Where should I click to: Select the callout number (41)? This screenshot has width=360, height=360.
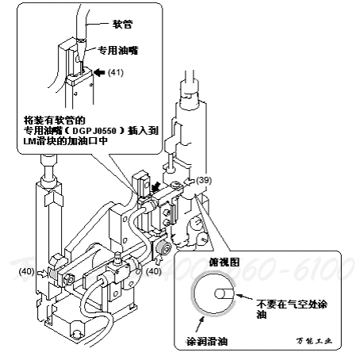click(116, 72)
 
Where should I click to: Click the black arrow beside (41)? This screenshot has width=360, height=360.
click(99, 71)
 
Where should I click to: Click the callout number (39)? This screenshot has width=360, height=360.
click(205, 182)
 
